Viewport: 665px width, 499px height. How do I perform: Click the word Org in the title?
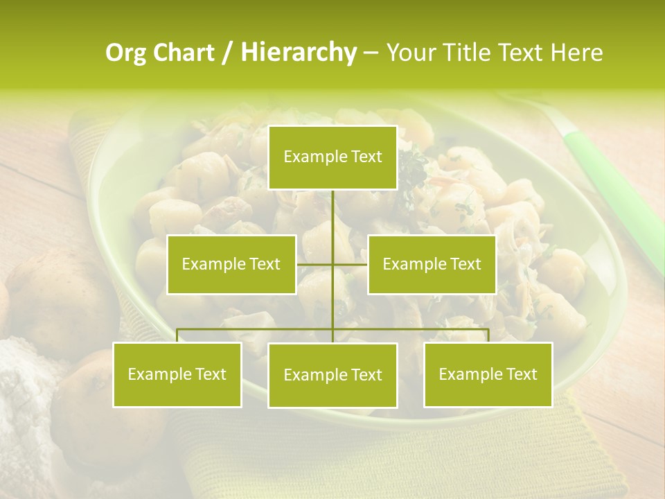[127, 53]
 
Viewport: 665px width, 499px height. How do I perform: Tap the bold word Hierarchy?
[298, 53]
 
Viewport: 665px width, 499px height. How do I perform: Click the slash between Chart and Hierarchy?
[227, 53]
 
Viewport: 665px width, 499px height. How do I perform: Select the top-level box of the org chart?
[332, 157]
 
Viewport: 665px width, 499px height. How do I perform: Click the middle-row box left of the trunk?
[231, 264]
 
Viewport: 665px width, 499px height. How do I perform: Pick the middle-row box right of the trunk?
[432, 264]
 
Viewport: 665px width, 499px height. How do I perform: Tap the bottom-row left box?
[177, 374]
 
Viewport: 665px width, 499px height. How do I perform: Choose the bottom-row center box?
[332, 375]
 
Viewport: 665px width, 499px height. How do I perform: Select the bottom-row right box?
[488, 374]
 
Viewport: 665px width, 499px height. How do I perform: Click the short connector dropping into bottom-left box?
[177, 335]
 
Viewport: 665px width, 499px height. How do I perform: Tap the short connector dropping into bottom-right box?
[488, 335]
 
